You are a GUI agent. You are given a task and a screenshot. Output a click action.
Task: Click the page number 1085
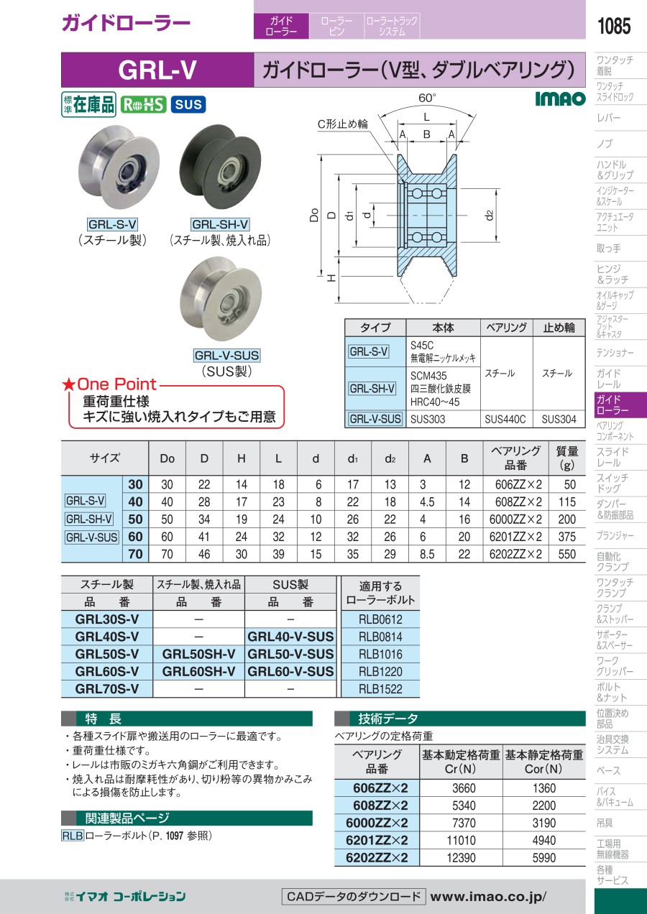(x=614, y=26)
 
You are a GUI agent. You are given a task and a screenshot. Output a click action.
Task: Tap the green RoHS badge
(x=143, y=104)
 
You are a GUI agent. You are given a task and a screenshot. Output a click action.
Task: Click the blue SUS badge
(x=188, y=104)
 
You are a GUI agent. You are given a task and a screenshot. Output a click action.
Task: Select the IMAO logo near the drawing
(x=560, y=98)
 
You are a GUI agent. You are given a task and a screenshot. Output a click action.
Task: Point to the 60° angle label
(x=428, y=98)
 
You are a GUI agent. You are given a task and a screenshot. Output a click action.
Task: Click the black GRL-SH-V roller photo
(x=220, y=167)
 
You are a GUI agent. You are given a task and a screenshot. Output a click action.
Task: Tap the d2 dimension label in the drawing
(x=490, y=215)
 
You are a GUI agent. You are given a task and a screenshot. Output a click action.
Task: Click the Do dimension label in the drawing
(x=313, y=215)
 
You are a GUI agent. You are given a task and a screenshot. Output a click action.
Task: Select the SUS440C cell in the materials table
(x=505, y=420)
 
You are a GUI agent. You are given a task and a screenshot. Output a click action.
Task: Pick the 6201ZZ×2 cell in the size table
(x=515, y=537)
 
